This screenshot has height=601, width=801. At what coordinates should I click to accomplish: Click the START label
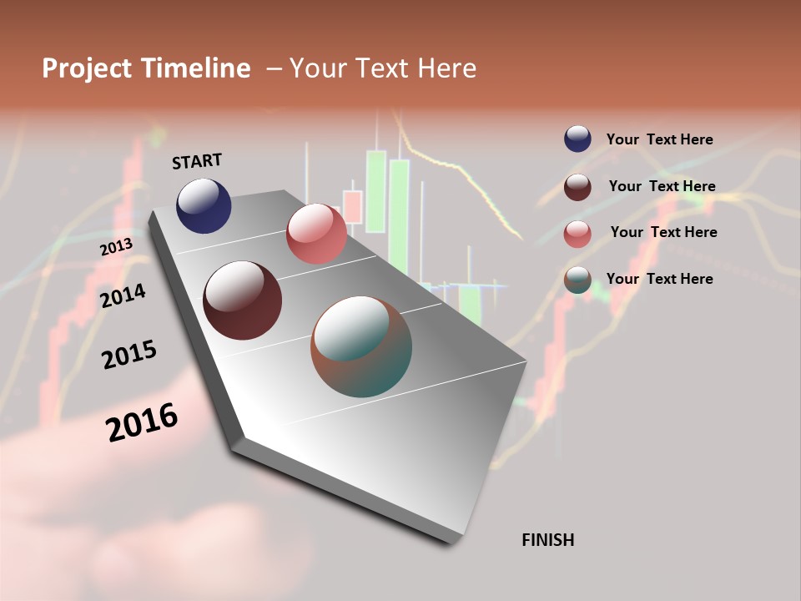click(197, 161)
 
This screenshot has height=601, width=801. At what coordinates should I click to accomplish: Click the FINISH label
click(547, 540)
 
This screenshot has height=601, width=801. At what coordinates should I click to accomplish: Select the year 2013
click(116, 247)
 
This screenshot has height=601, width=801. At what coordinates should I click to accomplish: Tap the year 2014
click(123, 295)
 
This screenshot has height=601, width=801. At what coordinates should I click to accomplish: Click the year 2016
click(142, 422)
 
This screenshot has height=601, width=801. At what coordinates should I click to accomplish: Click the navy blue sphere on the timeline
click(204, 206)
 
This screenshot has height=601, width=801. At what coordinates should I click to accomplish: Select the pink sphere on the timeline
click(316, 234)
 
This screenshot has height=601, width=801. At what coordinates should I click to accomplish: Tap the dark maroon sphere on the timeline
click(242, 300)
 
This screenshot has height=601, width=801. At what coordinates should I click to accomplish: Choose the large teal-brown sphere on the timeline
click(361, 346)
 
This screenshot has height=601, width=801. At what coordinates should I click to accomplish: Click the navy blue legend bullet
click(577, 139)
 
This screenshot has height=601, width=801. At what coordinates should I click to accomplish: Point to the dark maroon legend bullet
click(577, 187)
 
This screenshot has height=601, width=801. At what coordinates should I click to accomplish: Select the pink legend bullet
click(577, 234)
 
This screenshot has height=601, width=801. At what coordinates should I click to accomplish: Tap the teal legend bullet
click(577, 280)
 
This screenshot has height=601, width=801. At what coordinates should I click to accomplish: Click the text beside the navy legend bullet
click(659, 139)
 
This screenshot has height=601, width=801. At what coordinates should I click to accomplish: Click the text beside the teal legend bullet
click(659, 279)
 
